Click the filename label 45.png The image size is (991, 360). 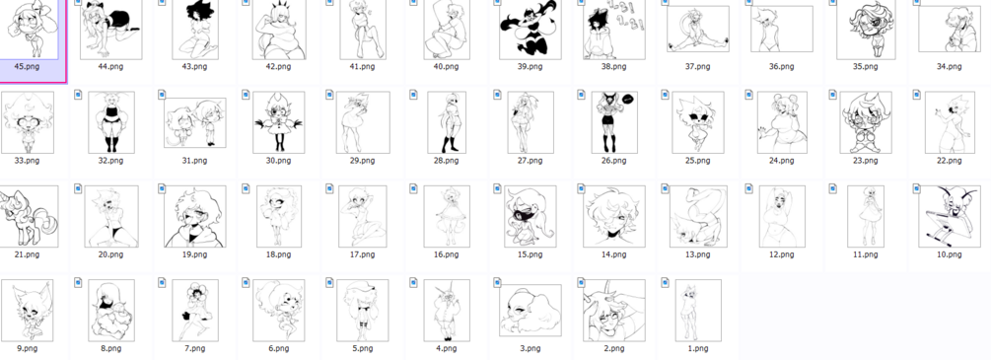click(26, 66)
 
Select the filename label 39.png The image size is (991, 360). click(530, 66)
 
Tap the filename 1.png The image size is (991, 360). click(698, 348)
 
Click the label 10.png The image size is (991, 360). click(950, 254)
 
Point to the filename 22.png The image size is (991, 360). click(950, 161)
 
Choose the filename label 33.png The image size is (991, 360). click(27, 161)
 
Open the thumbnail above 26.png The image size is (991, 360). click(613, 122)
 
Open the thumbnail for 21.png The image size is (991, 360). click(28, 216)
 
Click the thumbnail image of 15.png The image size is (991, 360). click(530, 216)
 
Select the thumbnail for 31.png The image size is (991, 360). click(194, 122)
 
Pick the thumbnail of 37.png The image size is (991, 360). click(698, 29)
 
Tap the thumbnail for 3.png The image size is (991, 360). click(530, 311)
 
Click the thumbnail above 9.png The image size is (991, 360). click(27, 310)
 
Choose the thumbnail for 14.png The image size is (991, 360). click(613, 216)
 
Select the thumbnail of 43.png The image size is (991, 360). click(194, 30)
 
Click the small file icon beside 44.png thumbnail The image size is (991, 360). click(78, 2)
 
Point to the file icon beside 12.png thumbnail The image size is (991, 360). click(749, 188)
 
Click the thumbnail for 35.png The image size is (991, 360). click(865, 30)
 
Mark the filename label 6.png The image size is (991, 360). click(279, 348)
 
